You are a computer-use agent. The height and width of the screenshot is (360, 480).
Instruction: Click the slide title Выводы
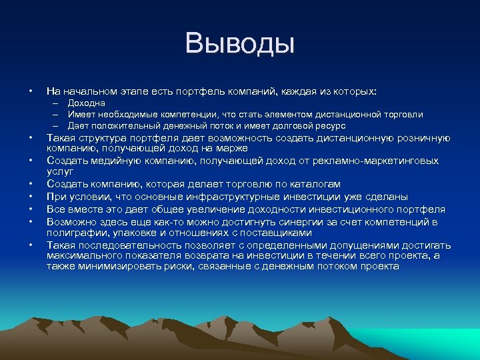(240, 45)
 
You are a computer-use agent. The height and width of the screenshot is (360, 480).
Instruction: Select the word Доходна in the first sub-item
(86, 103)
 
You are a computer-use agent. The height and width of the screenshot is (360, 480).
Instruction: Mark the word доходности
(253, 209)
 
